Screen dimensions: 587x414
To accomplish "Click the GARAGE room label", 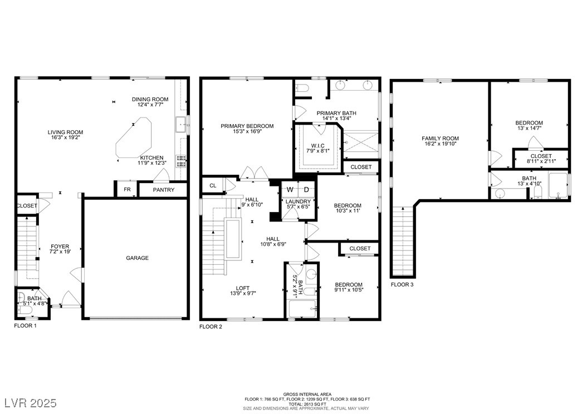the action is pyautogui.click(x=137, y=258).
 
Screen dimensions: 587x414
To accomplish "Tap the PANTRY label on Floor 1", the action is pyautogui.click(x=164, y=190).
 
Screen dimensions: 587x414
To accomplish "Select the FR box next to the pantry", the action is pyautogui.click(x=128, y=190).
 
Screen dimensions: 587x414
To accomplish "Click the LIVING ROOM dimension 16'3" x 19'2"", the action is pyautogui.click(x=65, y=137).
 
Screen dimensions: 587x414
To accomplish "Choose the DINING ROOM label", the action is pyautogui.click(x=150, y=100).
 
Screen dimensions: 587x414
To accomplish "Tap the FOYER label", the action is pyautogui.click(x=60, y=247).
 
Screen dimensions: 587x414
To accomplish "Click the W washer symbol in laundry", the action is pyautogui.click(x=290, y=190).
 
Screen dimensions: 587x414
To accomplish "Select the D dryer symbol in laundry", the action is pyautogui.click(x=306, y=190).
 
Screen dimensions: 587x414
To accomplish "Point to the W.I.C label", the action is pyautogui.click(x=318, y=146).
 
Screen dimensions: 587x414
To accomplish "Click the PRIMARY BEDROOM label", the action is pyautogui.click(x=247, y=126).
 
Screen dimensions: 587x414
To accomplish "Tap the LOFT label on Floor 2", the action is pyautogui.click(x=243, y=288).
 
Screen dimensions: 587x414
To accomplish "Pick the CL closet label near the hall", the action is pyautogui.click(x=213, y=185).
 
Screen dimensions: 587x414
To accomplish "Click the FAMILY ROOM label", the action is pyautogui.click(x=440, y=139).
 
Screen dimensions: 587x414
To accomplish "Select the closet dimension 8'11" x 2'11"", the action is pyautogui.click(x=541, y=161).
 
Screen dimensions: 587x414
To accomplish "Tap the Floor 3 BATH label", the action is pyautogui.click(x=529, y=179).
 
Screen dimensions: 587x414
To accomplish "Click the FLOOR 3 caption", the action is pyautogui.click(x=403, y=284).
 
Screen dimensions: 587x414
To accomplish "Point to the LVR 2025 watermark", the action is pyautogui.click(x=31, y=403).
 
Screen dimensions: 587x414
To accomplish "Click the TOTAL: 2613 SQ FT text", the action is pyautogui.click(x=307, y=405).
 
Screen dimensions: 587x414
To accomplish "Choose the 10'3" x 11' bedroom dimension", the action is pyautogui.click(x=348, y=211).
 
